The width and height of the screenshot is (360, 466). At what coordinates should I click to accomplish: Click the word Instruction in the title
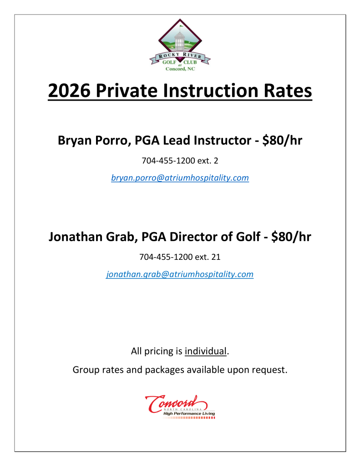(x=213, y=91)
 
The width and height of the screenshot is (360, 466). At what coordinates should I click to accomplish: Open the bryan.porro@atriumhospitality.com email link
(x=180, y=178)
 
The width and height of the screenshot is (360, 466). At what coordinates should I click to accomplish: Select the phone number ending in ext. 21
(x=180, y=257)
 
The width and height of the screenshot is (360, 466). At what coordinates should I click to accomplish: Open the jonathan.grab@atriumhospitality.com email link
(x=180, y=274)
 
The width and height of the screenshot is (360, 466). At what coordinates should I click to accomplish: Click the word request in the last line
(x=269, y=370)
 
